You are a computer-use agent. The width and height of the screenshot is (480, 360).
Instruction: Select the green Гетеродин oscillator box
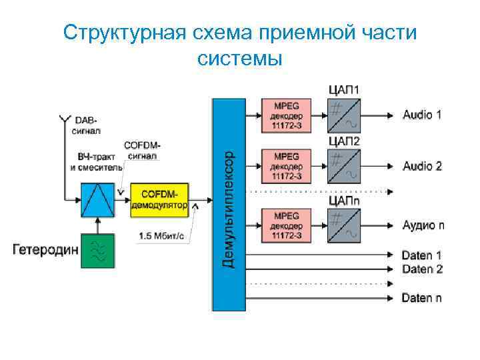[x=97, y=251]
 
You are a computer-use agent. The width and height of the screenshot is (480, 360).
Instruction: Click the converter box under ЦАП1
[x=343, y=115]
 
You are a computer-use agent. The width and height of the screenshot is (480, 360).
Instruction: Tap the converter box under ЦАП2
[x=343, y=166]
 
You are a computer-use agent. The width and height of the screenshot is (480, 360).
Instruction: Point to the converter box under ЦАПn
[x=343, y=225]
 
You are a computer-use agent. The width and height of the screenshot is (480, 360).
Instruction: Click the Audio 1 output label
[x=422, y=115]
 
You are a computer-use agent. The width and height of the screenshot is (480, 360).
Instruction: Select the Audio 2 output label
[x=422, y=166]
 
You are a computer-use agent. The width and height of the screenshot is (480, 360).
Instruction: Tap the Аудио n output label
[x=423, y=225]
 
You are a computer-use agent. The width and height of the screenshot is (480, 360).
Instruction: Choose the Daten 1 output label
[x=421, y=255]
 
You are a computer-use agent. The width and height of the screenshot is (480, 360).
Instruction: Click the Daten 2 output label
[x=421, y=269]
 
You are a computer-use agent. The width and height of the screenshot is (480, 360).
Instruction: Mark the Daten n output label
[x=421, y=297]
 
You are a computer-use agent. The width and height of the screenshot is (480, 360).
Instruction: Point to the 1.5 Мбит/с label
[x=160, y=235]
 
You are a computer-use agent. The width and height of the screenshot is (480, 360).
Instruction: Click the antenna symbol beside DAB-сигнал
[x=65, y=121]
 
